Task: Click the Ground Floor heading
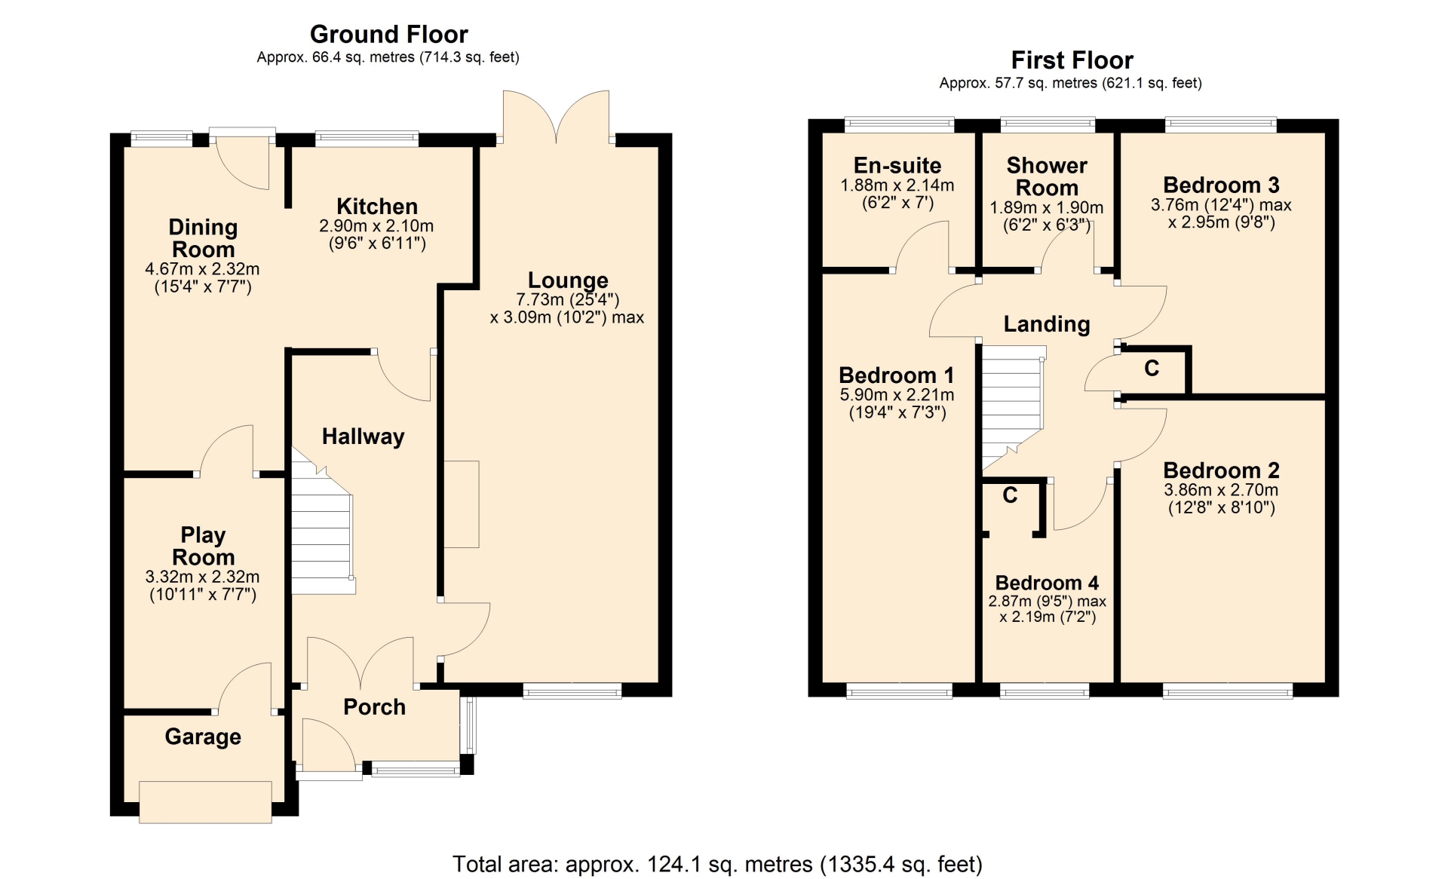pos(388,35)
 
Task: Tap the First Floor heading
pos(1072,60)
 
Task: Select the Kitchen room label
pos(376,207)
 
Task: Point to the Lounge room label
pos(568,280)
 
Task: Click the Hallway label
pos(363,436)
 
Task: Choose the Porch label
pos(374,707)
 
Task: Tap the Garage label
pos(203,737)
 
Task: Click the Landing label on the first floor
pos(1046,324)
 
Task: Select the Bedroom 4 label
pos(1047,583)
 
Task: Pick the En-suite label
pos(897,166)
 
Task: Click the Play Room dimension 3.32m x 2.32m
pos(203,577)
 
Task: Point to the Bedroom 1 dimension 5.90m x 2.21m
pos(897,394)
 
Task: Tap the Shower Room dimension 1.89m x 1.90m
pos(1046,207)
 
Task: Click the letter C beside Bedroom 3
pos(1152,369)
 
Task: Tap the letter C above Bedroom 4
pos(1010,495)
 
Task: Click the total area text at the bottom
pos(717,864)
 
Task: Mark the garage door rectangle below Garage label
pos(205,801)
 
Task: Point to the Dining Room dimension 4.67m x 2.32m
pos(203,269)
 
